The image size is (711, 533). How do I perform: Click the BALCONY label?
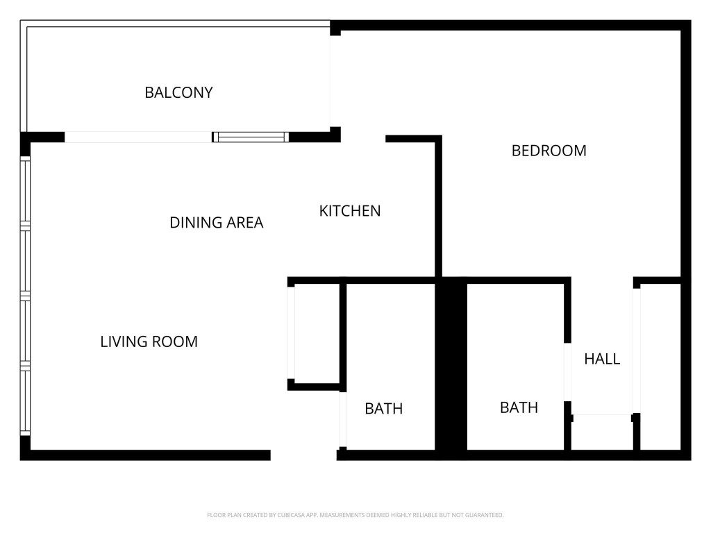click(178, 92)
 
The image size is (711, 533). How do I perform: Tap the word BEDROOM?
click(549, 151)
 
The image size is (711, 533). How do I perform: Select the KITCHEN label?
click(349, 211)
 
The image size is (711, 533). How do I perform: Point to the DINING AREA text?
click(216, 223)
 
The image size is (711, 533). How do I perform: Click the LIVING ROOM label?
click(149, 341)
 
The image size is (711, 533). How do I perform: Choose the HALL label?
click(601, 359)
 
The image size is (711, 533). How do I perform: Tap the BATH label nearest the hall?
click(519, 407)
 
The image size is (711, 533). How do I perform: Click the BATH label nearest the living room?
click(383, 409)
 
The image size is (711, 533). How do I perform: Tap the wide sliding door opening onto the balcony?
click(138, 137)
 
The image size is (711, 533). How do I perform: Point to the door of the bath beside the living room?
click(342, 420)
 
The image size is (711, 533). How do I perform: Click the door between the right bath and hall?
click(567, 372)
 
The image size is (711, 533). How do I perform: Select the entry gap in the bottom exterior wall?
click(303, 455)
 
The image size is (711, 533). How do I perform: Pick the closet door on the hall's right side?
click(636, 350)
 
